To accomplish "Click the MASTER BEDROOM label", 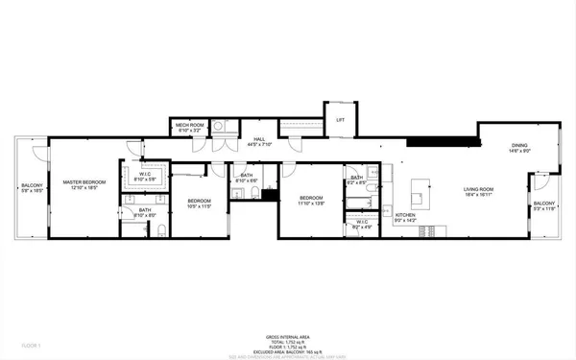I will click(84, 181).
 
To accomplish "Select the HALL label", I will click(259, 140).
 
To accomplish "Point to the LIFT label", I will click(339, 120).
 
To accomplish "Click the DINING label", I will click(518, 146).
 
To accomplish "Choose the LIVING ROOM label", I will click(477, 189).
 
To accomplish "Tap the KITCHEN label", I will click(406, 216).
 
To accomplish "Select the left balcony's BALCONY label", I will click(32, 186).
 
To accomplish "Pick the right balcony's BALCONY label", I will click(544, 204).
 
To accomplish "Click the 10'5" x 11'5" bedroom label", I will click(198, 201).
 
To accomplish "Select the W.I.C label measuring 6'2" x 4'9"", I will click(362, 223).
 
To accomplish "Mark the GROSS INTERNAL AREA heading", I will click(287, 336).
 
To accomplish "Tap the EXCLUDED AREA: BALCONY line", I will click(287, 351).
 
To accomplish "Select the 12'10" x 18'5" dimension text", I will click(84, 187).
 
